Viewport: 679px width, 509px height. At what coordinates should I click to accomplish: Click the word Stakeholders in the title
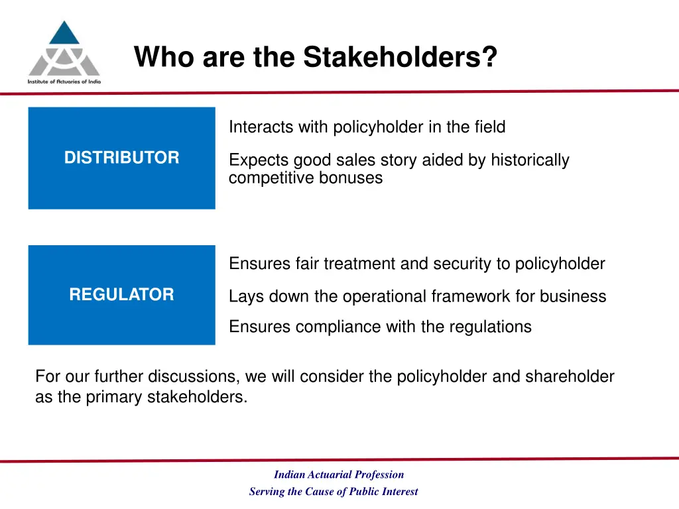click(x=400, y=57)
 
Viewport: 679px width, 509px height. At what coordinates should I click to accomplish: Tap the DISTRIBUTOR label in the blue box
click(x=121, y=158)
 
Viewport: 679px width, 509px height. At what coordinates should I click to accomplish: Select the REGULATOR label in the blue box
click(x=121, y=295)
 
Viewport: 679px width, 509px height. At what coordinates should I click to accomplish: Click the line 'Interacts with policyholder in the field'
click(x=367, y=127)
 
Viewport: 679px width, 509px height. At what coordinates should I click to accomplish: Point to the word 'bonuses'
click(x=356, y=178)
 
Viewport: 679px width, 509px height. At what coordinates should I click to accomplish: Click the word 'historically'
click(x=530, y=160)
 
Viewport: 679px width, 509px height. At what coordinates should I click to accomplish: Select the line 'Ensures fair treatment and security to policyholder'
click(x=416, y=264)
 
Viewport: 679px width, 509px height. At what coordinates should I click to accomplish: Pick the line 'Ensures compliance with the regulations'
click(x=380, y=327)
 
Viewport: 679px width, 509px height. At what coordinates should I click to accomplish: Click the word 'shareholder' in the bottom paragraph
click(x=570, y=377)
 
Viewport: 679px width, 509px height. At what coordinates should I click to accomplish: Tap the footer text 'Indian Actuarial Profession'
click(x=339, y=475)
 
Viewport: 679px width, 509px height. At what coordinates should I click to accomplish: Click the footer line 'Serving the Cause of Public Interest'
click(x=334, y=492)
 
